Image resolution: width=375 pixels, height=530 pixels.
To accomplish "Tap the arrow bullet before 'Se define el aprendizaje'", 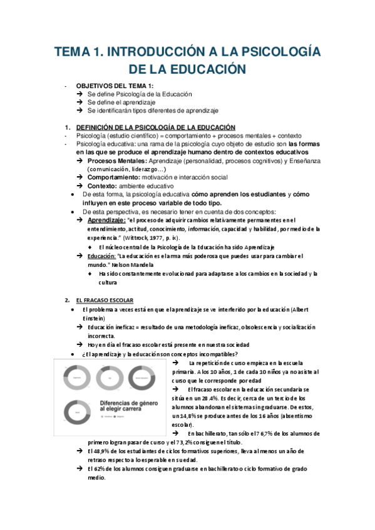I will tap(80, 102).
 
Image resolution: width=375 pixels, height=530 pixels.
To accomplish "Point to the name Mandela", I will tap(131, 264).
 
